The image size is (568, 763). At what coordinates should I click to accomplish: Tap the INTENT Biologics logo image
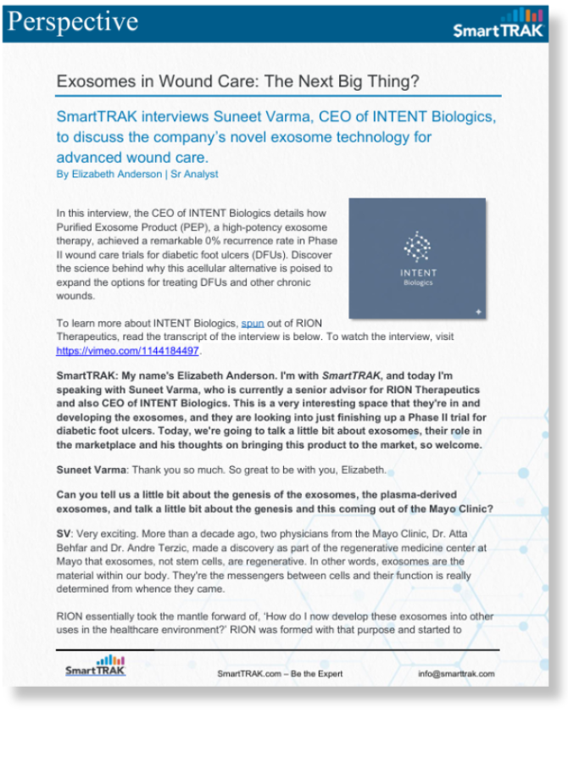(x=417, y=258)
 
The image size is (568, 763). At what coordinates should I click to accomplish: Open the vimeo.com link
(x=127, y=350)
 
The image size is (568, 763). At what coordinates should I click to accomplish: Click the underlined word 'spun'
(x=253, y=323)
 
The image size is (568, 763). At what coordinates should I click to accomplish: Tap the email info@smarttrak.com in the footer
(x=456, y=674)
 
